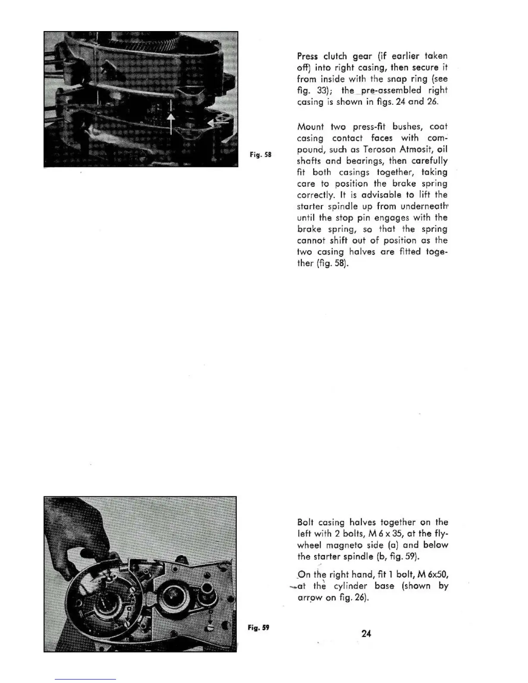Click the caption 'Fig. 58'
coord(261,154)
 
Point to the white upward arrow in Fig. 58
coord(171,117)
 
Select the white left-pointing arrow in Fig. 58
coord(216,124)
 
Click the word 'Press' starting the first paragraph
coord(307,56)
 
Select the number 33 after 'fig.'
coord(317,90)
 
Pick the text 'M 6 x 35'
coord(388,533)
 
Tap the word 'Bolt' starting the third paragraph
coord(305,522)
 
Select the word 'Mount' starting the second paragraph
coord(311,127)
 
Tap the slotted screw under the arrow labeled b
coord(210,627)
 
